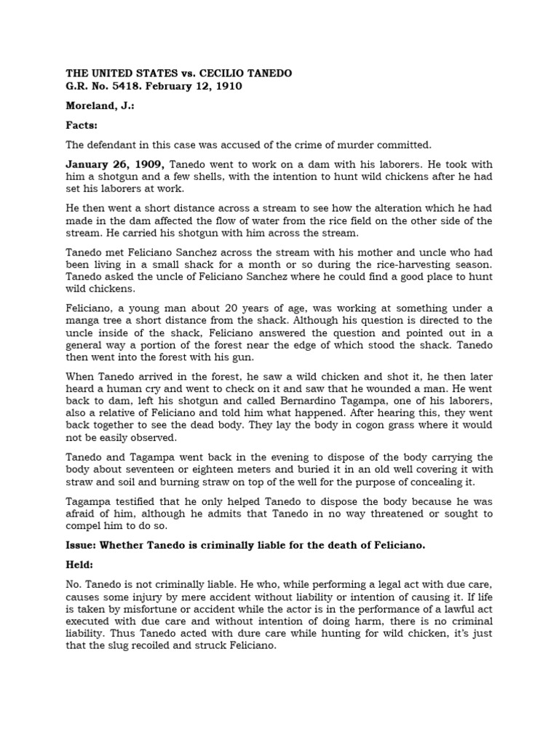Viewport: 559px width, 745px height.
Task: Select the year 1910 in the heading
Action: [226, 87]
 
